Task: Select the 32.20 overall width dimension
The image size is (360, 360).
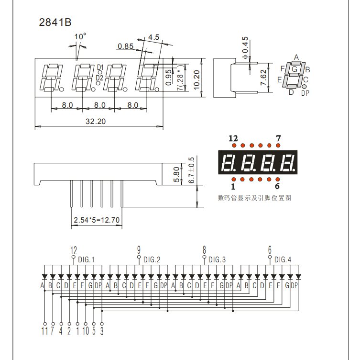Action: tap(95, 122)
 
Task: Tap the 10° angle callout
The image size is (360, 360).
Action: tap(80, 36)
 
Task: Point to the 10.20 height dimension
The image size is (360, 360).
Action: tap(196, 78)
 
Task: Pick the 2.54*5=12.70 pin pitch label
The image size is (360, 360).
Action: tap(97, 221)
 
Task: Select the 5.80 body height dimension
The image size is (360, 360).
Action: tap(176, 174)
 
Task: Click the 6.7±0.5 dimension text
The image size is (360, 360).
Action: tap(192, 170)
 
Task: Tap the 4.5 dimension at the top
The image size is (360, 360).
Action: tap(153, 37)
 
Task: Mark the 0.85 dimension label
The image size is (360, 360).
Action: tap(125, 46)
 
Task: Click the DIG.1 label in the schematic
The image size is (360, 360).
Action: tap(87, 260)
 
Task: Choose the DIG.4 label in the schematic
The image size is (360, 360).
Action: tap(283, 260)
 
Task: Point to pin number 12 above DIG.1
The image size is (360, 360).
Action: tap(73, 250)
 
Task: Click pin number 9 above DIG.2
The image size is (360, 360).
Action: tap(139, 249)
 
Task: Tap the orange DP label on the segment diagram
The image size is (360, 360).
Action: tap(305, 93)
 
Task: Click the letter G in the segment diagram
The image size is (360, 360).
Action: tap(295, 69)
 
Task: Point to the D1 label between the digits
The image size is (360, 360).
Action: tap(100, 67)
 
